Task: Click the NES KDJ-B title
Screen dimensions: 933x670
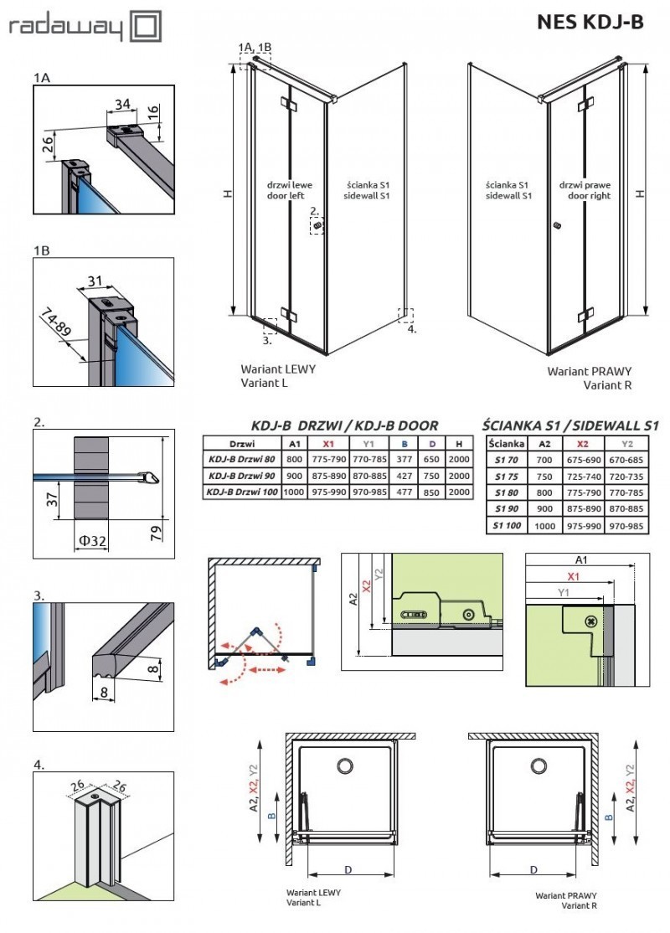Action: (x=590, y=23)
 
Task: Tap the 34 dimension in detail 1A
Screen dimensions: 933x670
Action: (x=123, y=105)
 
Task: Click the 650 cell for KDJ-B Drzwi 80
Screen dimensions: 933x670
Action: (x=431, y=459)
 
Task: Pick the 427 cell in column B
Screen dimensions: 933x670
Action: (x=404, y=476)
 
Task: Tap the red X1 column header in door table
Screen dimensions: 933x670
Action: (x=329, y=443)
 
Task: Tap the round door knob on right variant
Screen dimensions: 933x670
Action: (x=556, y=225)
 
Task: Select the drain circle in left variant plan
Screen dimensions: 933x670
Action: (x=344, y=765)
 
